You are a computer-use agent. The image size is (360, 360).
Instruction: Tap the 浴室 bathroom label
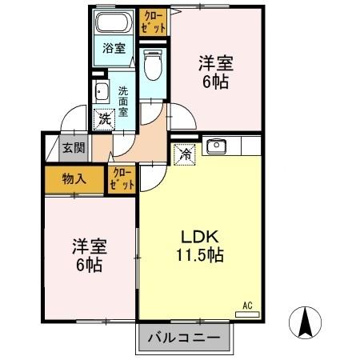(x=113, y=48)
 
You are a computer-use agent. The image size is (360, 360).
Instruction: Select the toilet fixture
(x=152, y=66)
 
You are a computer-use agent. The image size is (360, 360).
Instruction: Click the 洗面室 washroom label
(x=124, y=101)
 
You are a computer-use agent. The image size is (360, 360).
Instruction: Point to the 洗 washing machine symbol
(x=104, y=120)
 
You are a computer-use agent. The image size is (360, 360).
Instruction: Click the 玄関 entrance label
(x=74, y=147)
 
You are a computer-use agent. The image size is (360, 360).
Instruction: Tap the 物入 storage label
(x=74, y=179)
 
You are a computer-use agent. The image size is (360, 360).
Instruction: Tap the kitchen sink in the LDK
(x=216, y=146)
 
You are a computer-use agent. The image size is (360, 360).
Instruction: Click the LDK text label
(x=201, y=238)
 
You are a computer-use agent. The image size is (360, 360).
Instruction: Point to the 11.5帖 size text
(x=200, y=256)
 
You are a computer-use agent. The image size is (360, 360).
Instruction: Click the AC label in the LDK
(x=247, y=304)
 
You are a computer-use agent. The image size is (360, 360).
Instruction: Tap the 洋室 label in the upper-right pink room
(x=215, y=61)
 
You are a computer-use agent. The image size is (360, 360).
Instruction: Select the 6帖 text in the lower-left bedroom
(x=88, y=266)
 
